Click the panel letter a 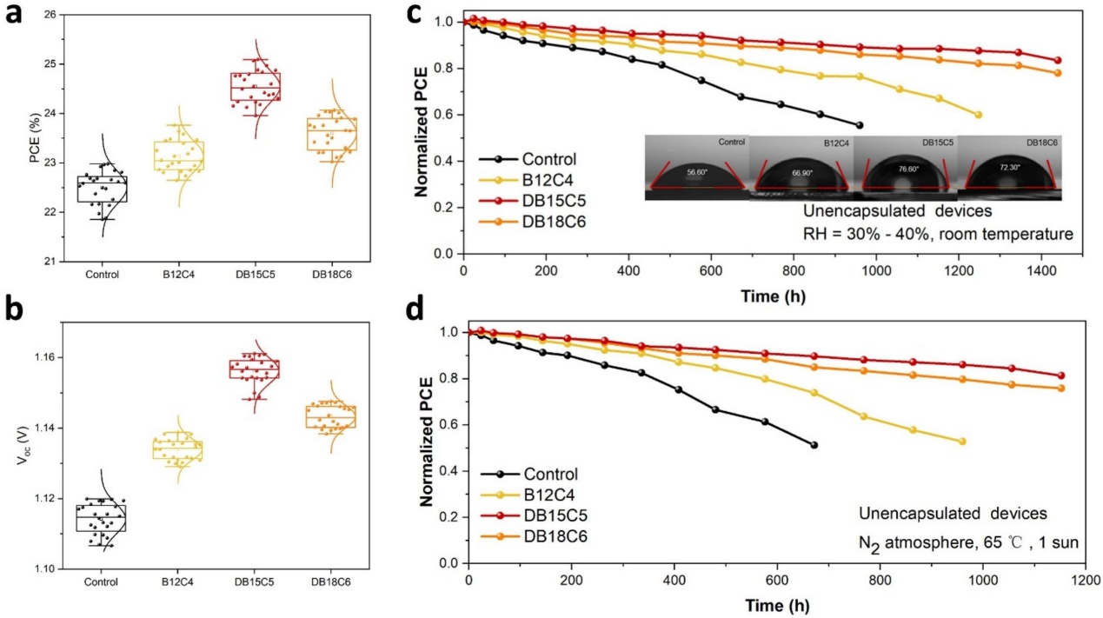coord(15,19)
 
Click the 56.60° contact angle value coord(697,172)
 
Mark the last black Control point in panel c coord(834,125)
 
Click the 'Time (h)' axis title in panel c coord(774,296)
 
